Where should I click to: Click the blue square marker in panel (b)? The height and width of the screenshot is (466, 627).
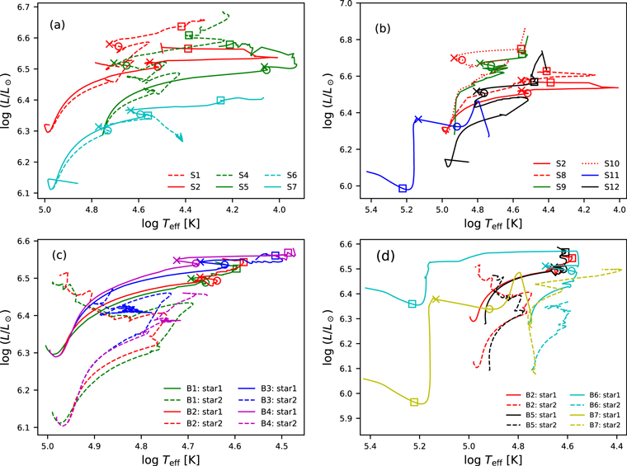403,188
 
